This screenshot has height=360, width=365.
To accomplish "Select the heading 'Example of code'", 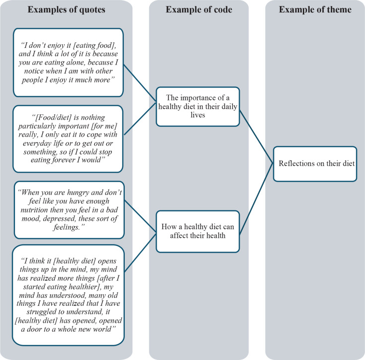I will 199,10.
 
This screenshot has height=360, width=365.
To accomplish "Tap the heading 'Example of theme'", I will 315,10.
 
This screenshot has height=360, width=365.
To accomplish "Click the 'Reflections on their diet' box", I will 315,164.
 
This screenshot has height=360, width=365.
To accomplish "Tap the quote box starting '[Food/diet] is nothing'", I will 68,134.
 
